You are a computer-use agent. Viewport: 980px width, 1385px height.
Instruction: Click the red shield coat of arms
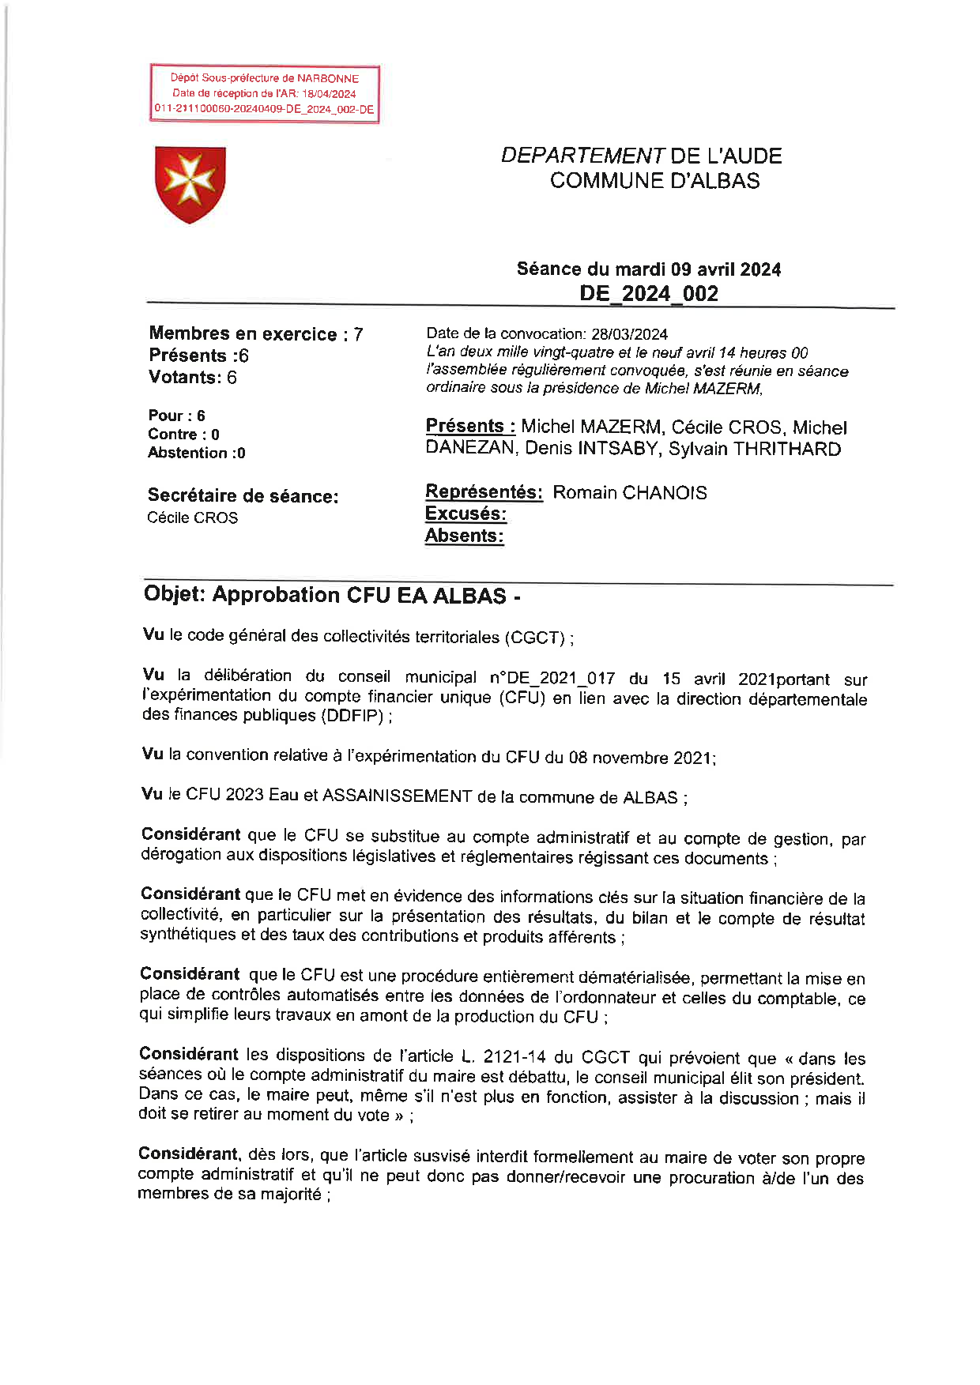tap(190, 183)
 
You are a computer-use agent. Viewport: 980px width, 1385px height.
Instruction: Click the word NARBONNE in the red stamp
tap(328, 78)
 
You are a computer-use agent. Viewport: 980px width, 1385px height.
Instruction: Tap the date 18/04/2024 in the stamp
tap(329, 93)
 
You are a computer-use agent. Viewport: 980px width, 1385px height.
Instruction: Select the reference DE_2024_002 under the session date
tap(648, 293)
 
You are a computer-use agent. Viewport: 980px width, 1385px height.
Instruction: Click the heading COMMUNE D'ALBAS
tap(654, 181)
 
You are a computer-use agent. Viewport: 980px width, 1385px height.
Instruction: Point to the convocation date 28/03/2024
tap(629, 334)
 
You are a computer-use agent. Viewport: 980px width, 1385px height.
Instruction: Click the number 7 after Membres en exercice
tap(358, 334)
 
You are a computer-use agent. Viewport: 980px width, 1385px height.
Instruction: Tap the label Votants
tap(184, 377)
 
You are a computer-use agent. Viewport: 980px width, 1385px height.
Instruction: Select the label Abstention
tap(187, 453)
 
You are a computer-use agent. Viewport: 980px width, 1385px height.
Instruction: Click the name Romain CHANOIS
tap(629, 492)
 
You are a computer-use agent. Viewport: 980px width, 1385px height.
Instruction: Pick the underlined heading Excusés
tap(465, 514)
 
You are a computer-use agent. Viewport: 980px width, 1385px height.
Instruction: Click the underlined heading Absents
tap(464, 536)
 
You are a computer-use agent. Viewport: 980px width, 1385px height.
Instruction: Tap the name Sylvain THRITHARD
tap(754, 449)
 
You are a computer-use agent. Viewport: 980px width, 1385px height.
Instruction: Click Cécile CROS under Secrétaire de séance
tap(192, 517)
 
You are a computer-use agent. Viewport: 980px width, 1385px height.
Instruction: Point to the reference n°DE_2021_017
tap(552, 678)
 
